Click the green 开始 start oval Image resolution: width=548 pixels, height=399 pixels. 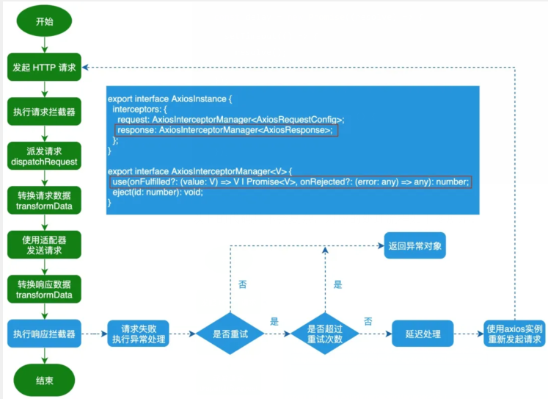(44, 21)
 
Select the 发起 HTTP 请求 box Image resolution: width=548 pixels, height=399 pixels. (44, 67)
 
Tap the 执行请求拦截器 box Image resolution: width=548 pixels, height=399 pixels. (44, 112)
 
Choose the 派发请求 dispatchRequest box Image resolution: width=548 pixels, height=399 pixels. (44, 156)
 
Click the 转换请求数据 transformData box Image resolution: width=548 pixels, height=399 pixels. (44, 201)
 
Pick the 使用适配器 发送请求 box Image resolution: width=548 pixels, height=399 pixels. (44, 245)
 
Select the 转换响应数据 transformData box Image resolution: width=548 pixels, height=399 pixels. (44, 290)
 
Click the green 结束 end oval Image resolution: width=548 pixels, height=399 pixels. (44, 379)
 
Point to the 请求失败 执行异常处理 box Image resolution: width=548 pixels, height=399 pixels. (139, 334)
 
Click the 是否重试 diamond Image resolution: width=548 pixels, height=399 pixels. (230, 334)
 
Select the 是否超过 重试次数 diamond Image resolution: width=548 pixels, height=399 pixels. (324, 334)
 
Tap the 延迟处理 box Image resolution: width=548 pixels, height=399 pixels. (422, 334)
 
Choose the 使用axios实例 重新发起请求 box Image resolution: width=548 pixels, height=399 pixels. (514, 334)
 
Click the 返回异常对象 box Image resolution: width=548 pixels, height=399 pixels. (414, 245)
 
